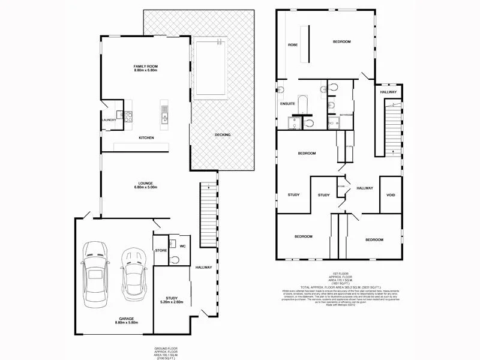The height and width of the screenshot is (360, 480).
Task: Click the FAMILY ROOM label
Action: [x=146, y=66]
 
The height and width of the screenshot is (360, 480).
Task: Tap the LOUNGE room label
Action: [x=145, y=183]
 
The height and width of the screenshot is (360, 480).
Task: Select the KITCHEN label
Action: [x=146, y=138]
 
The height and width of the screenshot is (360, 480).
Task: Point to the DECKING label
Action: [x=223, y=134]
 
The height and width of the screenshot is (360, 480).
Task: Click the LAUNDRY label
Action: [x=109, y=120]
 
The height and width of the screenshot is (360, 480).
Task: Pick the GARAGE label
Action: [x=126, y=318]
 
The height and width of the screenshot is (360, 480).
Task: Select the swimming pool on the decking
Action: [x=210, y=67]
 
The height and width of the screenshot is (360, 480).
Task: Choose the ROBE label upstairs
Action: [x=293, y=45]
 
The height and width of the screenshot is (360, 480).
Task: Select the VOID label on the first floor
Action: [x=391, y=195]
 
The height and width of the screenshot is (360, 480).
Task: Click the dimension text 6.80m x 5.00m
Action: [x=145, y=187]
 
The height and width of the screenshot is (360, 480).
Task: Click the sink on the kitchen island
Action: [x=164, y=119]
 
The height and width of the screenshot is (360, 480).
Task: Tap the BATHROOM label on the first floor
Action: [x=346, y=114]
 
